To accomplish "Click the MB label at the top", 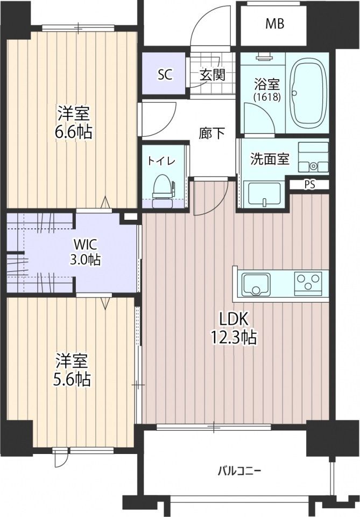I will click(274, 24).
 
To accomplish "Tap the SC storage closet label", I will click(165, 75).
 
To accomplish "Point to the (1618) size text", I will click(266, 97).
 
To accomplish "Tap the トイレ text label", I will click(159, 161).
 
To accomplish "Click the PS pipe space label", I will click(309, 184).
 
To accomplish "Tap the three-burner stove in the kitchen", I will click(308, 282).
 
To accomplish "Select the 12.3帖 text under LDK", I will click(233, 338).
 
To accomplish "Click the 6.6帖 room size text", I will click(74, 131).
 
